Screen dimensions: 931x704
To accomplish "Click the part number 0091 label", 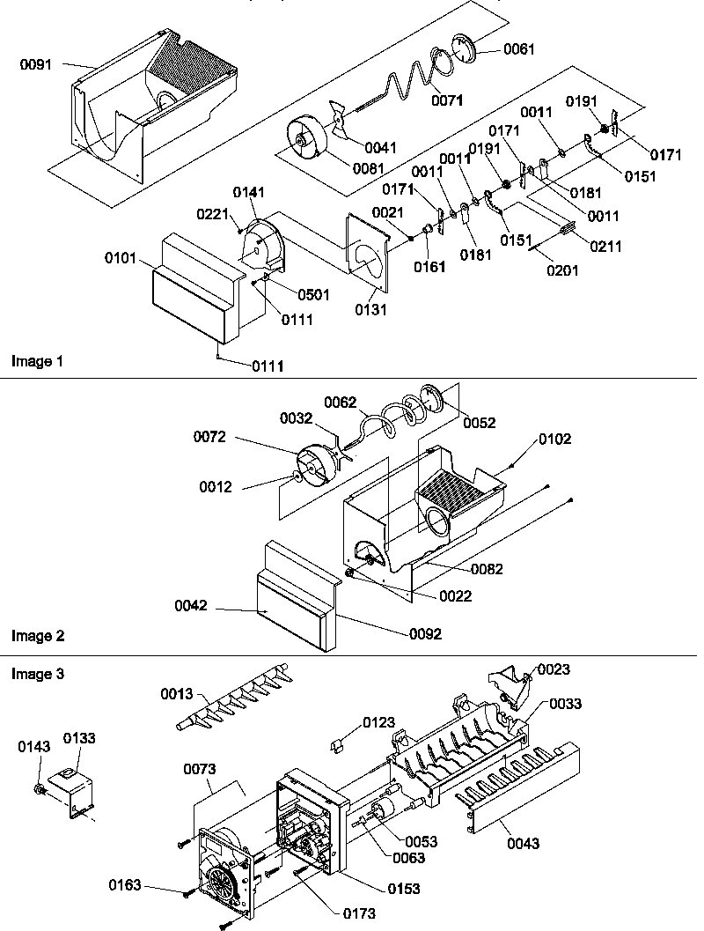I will click(x=34, y=63).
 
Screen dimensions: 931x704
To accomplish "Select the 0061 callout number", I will click(x=518, y=49).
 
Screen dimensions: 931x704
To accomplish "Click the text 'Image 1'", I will click(x=37, y=361).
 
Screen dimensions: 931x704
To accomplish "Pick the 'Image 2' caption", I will click(x=37, y=635).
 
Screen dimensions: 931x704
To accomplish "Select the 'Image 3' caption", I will click(x=37, y=674).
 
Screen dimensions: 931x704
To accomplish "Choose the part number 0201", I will click(x=561, y=270).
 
